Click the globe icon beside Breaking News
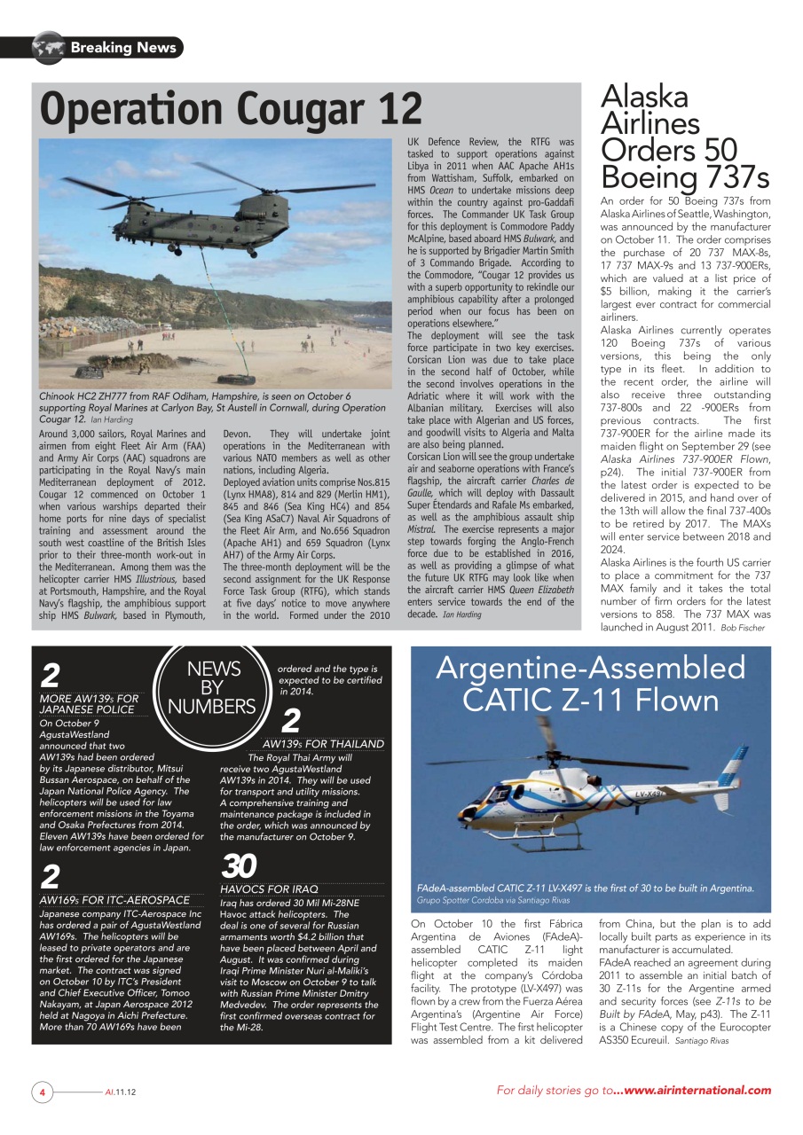point(49,47)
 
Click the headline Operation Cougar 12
point(231,109)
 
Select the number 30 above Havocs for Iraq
point(239,865)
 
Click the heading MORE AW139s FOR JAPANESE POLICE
point(89,704)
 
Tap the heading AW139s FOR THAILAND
point(323,743)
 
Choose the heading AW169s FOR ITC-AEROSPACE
point(114,899)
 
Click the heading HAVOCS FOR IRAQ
point(268,888)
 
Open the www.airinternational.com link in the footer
point(697,1091)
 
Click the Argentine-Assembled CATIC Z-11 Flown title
point(590,684)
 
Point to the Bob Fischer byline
point(742,628)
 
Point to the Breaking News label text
point(123,48)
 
